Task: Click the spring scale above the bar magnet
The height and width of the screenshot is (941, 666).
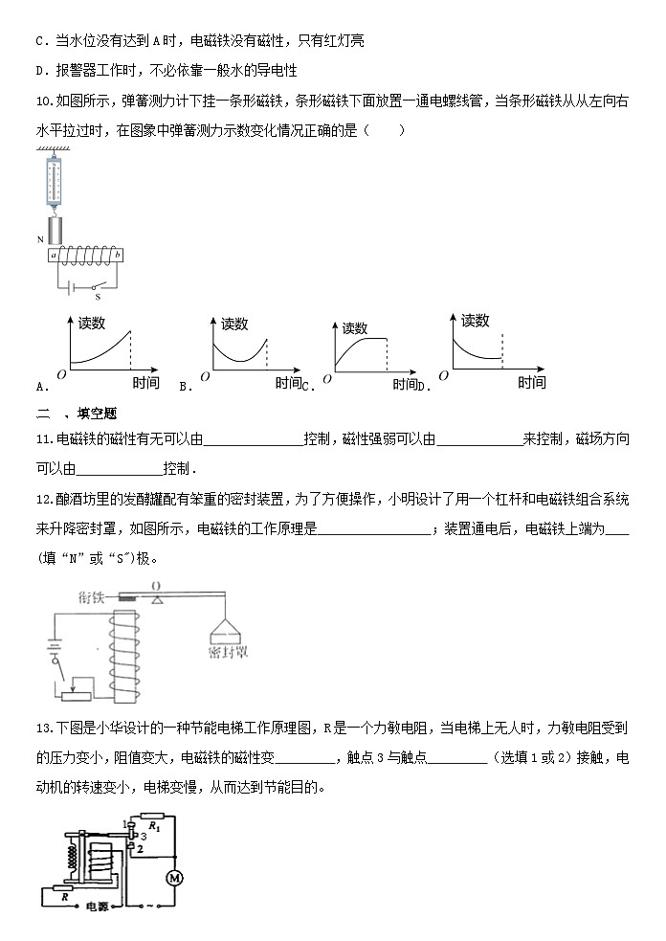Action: [51, 181]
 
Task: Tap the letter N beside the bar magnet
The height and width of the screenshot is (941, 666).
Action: [39, 240]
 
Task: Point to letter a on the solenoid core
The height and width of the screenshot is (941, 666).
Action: [55, 255]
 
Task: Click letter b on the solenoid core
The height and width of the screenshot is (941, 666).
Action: [117, 255]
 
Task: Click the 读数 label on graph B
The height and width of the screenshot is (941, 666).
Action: [234, 325]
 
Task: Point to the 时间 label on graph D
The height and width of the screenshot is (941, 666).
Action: [532, 382]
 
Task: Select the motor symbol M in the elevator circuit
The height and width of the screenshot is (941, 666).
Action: [174, 877]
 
